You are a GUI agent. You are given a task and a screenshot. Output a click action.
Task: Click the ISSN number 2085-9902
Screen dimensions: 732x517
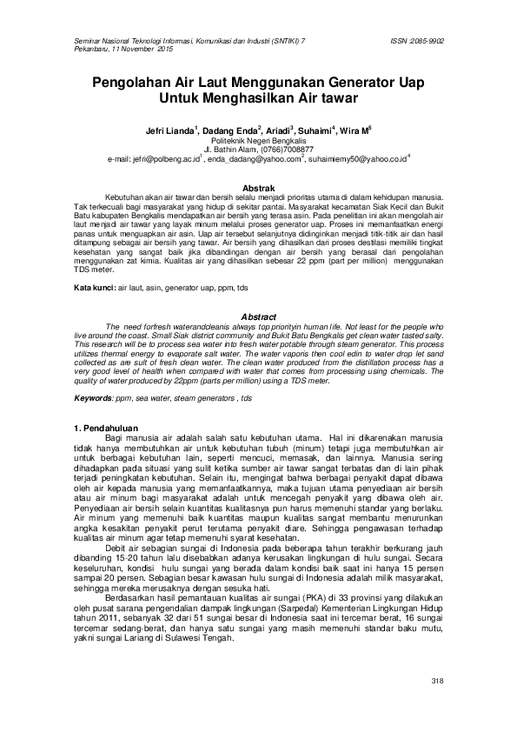431,40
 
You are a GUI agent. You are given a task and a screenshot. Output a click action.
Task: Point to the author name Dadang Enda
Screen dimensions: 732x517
229,130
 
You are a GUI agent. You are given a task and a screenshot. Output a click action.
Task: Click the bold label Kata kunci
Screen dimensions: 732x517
93,287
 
